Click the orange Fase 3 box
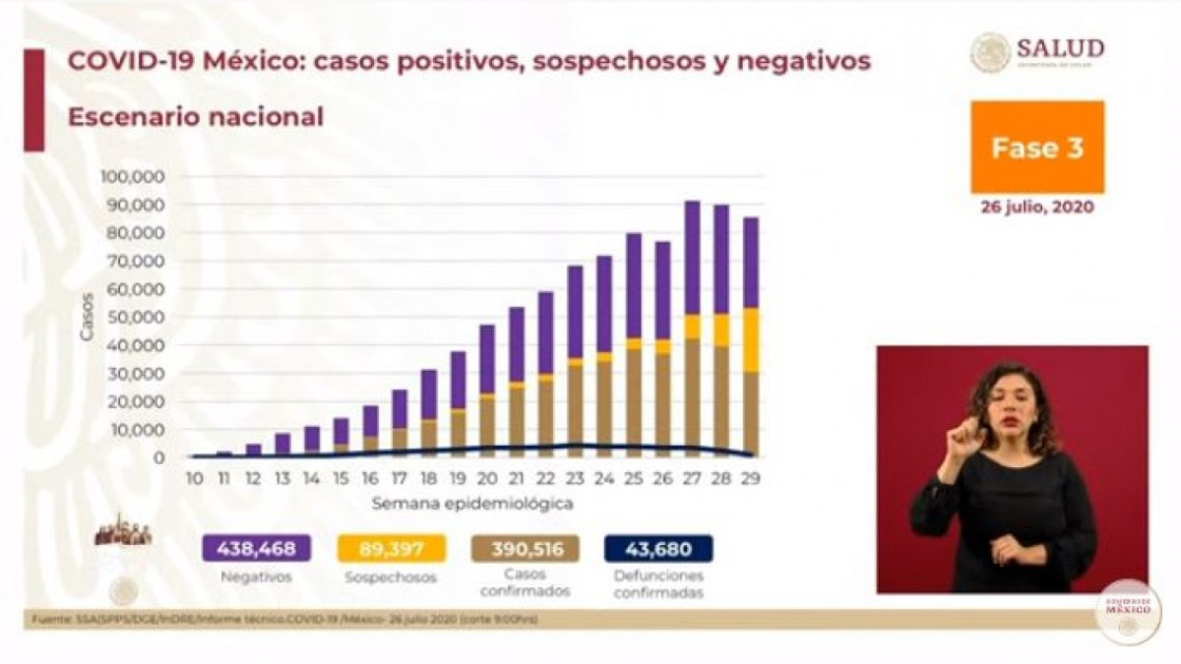coord(1037,147)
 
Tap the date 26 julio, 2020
coord(1037,209)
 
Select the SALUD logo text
coord(1060,49)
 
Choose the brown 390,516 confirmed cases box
coord(525,549)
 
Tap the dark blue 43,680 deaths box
coord(658,549)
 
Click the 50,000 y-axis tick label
coord(136,318)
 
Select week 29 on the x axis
coord(751,477)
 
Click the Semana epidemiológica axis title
coord(472,503)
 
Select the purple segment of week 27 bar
coord(693,258)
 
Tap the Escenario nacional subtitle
coord(195,117)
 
